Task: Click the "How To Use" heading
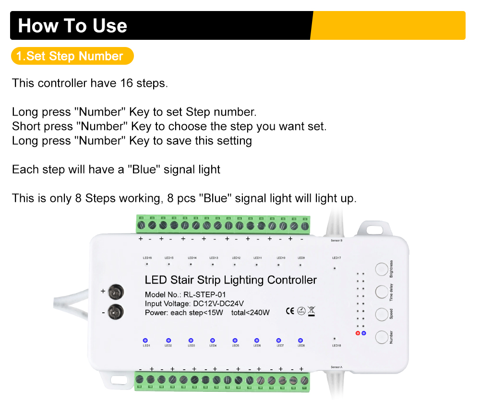[72, 25]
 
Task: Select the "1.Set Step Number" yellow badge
[70, 56]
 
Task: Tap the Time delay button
[381, 292]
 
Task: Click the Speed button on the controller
[381, 314]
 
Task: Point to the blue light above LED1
[146, 340]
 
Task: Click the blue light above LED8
[300, 340]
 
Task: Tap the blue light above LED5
[235, 340]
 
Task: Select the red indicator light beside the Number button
[358, 333]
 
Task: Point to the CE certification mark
[290, 311]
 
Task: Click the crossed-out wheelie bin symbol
[312, 311]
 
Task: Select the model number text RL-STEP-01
[204, 294]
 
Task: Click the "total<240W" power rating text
[250, 313]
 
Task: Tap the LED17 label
[336, 258]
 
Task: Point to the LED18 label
[336, 345]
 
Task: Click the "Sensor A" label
[336, 367]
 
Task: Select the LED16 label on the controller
[147, 258]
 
